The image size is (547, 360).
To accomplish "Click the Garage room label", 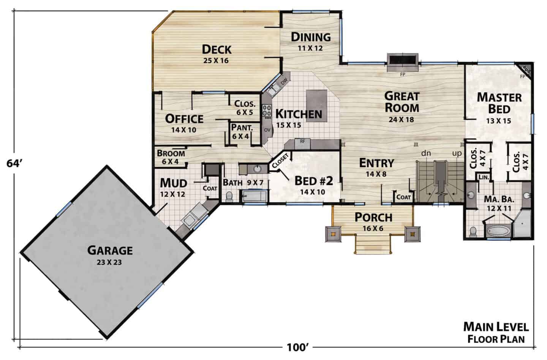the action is click(x=110, y=251).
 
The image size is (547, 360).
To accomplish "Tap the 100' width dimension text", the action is click(x=296, y=347).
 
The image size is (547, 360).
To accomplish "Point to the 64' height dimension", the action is click(x=14, y=164).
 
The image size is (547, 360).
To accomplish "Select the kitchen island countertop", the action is click(x=317, y=106).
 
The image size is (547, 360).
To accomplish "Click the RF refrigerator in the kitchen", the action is click(x=302, y=144).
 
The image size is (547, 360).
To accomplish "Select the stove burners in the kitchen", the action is click(x=267, y=111).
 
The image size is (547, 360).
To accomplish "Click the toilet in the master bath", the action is click(x=473, y=231).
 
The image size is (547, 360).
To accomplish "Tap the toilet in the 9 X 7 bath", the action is click(x=229, y=197).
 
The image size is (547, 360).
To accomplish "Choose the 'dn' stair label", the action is click(x=426, y=153).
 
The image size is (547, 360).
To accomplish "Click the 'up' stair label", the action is click(x=457, y=154).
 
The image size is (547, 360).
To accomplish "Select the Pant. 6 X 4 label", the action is click(x=242, y=131).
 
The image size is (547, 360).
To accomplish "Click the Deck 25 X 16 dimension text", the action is click(x=216, y=60).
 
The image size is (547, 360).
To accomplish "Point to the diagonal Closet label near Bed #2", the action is click(x=280, y=161).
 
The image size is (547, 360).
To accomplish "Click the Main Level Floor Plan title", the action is click(x=496, y=333).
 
